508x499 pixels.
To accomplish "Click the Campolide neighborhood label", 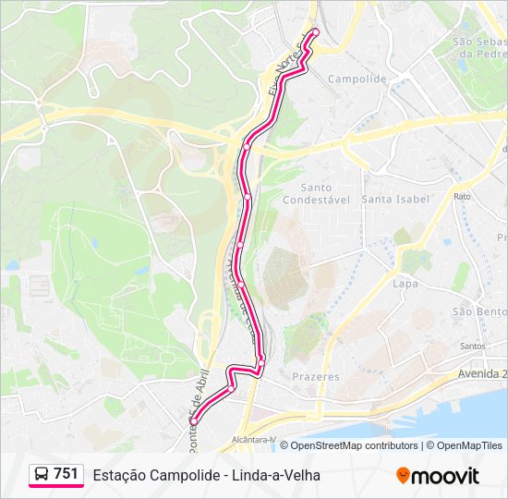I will (357, 79).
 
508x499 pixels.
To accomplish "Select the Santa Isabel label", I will (395, 199).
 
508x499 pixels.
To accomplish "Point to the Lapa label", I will (405, 285).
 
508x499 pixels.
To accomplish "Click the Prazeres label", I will (316, 377).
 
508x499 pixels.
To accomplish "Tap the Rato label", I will (462, 197).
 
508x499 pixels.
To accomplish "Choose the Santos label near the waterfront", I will (472, 347).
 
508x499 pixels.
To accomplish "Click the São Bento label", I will (481, 311).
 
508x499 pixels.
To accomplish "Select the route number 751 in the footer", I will (66, 474).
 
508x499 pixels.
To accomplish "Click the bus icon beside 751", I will (42, 474).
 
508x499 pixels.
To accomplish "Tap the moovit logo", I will (438, 476).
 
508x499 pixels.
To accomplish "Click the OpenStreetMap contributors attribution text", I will (354, 445).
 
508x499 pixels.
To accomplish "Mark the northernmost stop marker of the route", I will (314, 31).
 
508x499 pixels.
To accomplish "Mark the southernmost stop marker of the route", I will (194, 421).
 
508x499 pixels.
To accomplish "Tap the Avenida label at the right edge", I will (482, 374).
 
